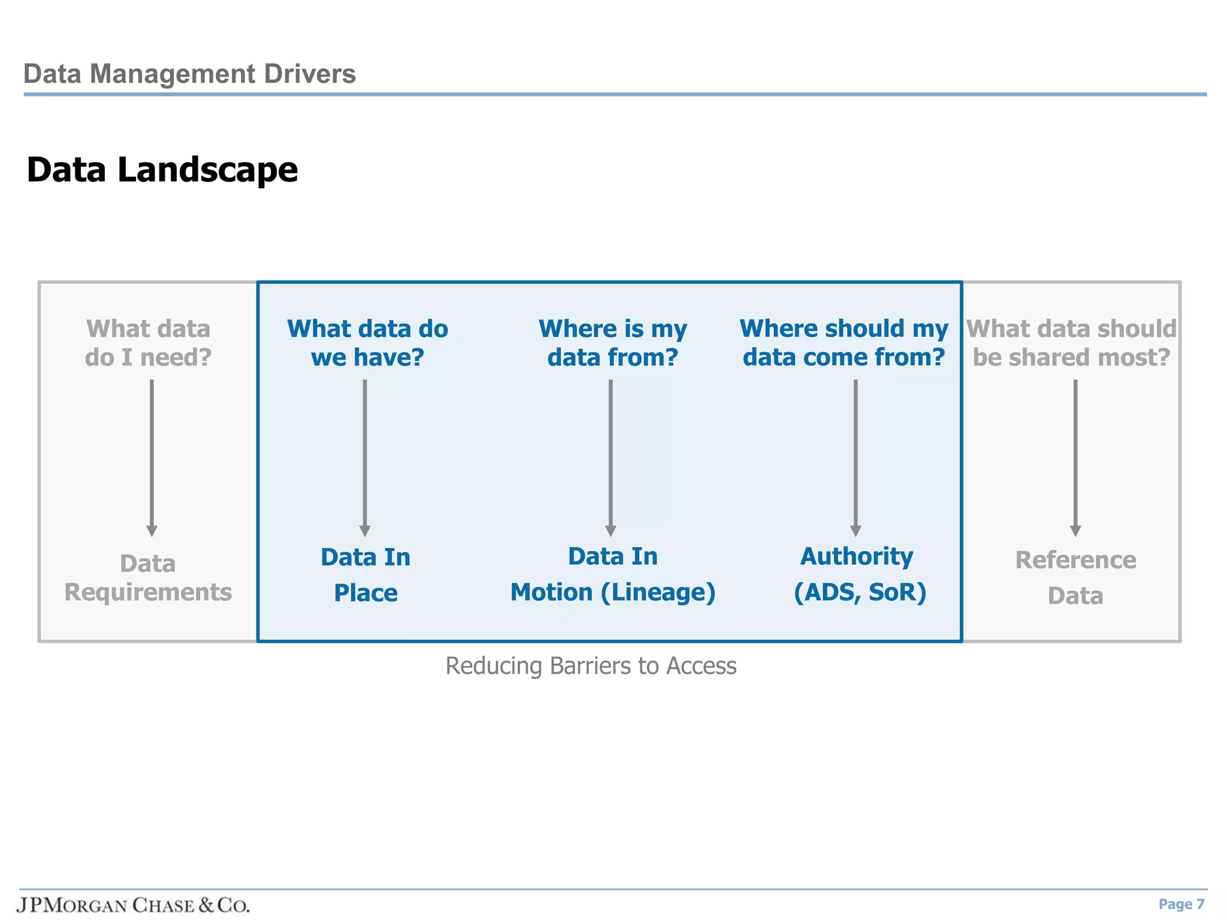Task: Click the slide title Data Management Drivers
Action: [x=189, y=74]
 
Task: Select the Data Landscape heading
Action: [x=162, y=170]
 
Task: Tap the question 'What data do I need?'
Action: [x=149, y=343]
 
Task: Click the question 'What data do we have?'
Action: [x=367, y=343]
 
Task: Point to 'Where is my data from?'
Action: [x=612, y=343]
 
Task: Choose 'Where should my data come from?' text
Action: [x=844, y=343]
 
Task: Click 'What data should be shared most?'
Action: [x=1071, y=343]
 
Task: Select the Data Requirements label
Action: [x=148, y=577]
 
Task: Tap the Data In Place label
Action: [x=365, y=574]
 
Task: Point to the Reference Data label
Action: [x=1075, y=577]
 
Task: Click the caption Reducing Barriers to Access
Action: [x=591, y=666]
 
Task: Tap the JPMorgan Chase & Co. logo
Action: [x=133, y=904]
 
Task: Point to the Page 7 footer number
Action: [x=1181, y=904]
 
